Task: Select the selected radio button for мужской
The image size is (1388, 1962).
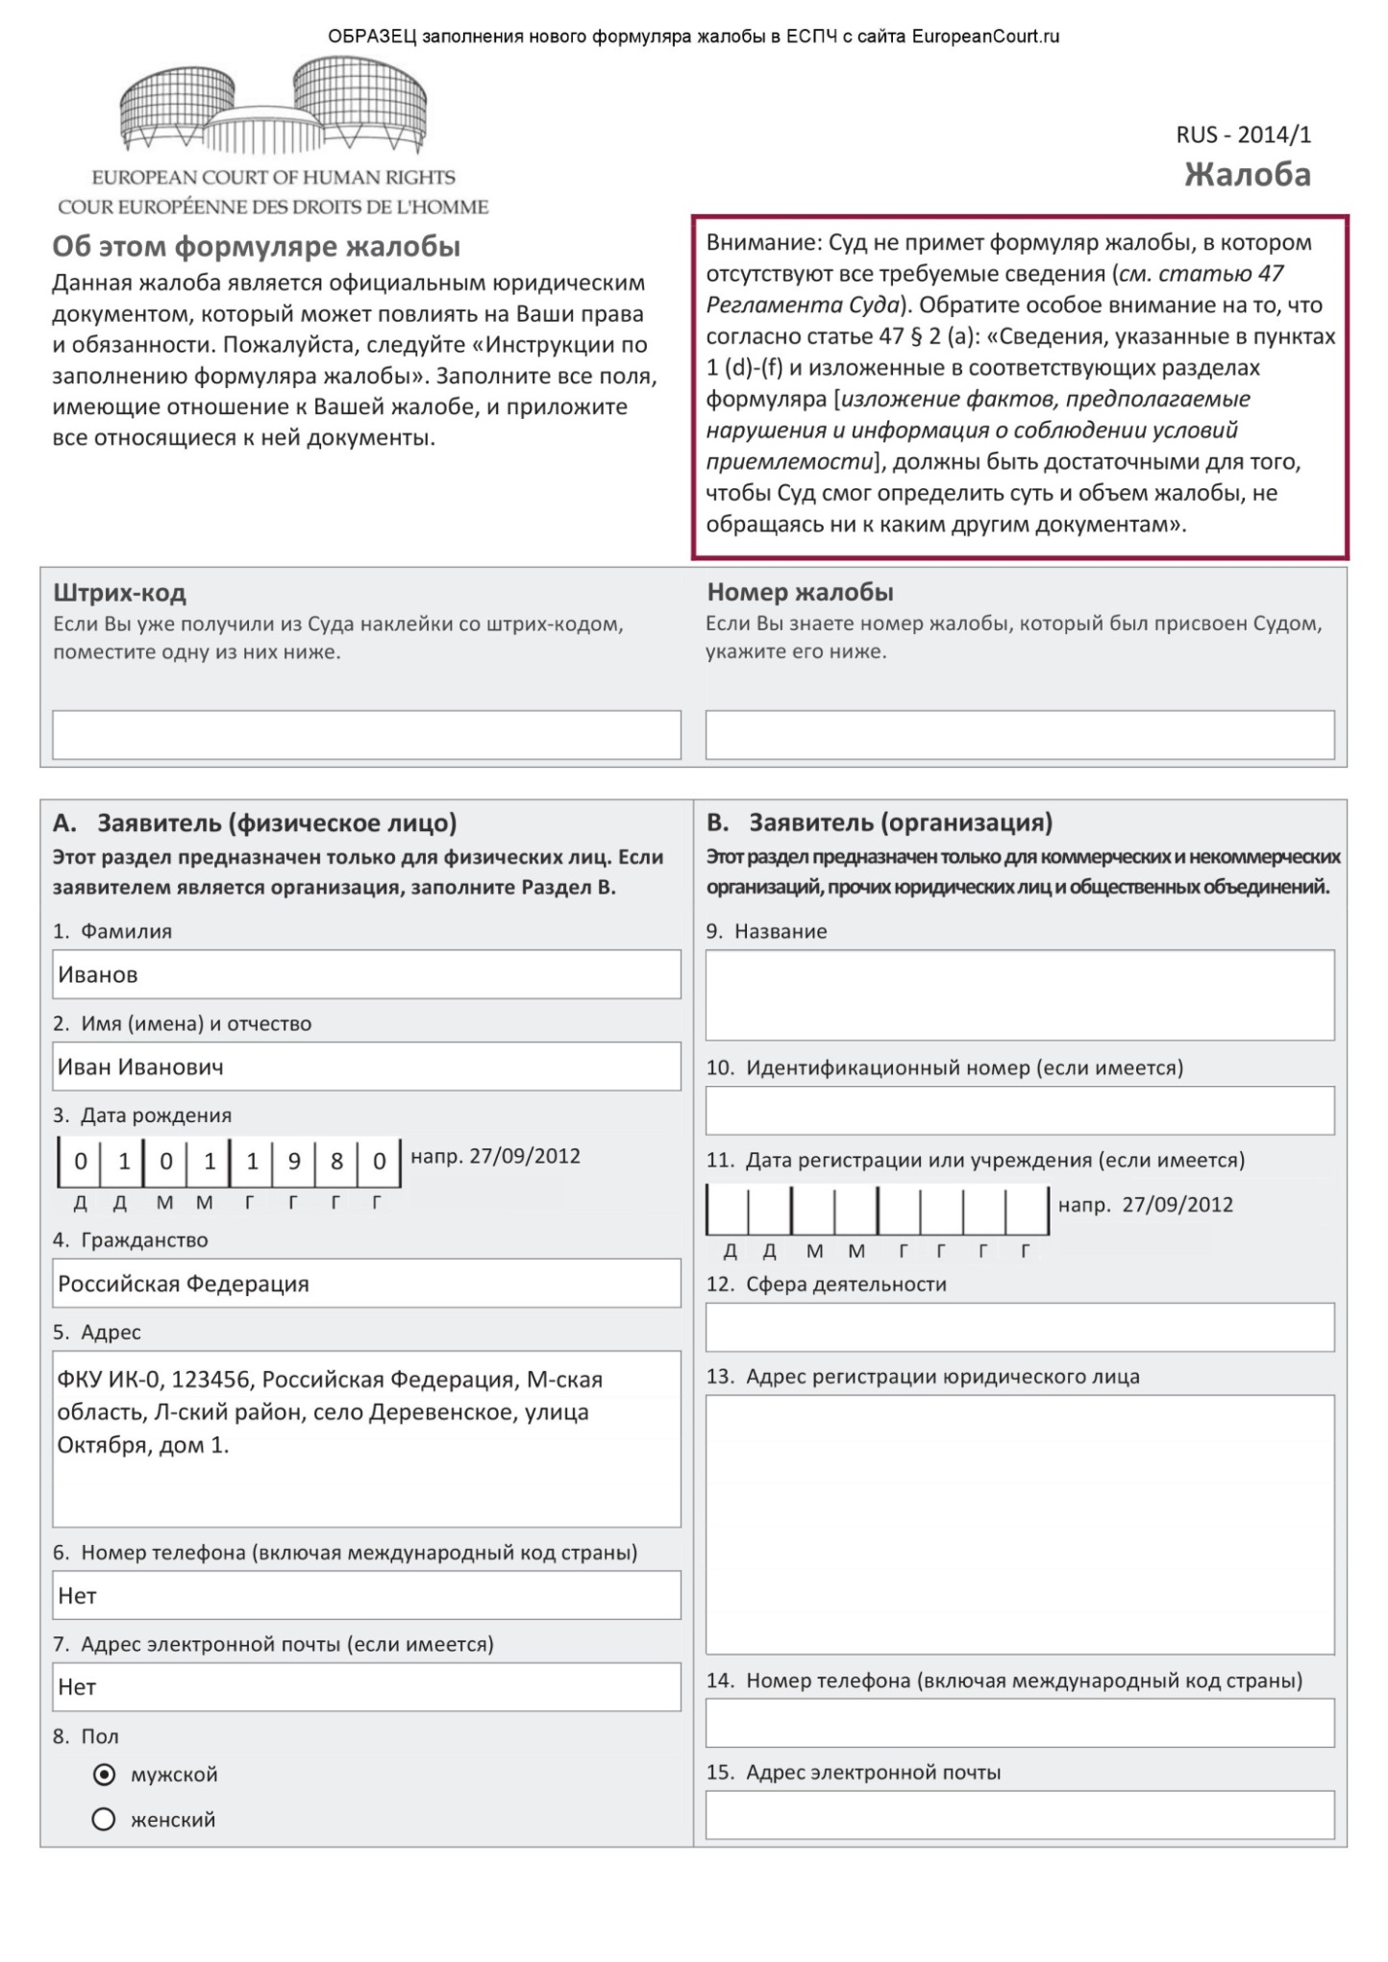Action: click(x=104, y=1774)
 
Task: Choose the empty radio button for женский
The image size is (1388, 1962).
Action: click(x=104, y=1819)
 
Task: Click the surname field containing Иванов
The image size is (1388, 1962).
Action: click(x=366, y=974)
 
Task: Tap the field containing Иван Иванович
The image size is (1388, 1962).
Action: click(x=366, y=1067)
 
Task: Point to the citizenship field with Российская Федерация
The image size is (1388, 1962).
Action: click(x=366, y=1284)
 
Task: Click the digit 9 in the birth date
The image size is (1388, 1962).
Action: click(x=294, y=1162)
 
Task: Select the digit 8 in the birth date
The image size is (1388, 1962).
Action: click(x=336, y=1162)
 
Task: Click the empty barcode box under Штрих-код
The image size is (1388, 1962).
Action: click(x=366, y=735)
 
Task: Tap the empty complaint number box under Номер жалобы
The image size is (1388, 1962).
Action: click(x=1020, y=735)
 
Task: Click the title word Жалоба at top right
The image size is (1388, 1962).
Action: click(x=1247, y=175)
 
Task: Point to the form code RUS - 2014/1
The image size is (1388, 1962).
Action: click(x=1243, y=135)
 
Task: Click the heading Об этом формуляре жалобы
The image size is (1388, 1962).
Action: click(x=256, y=247)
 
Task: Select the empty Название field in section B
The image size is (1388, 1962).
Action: click(x=1020, y=994)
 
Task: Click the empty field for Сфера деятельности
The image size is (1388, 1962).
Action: click(x=1020, y=1327)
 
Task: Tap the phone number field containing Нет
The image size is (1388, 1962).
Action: click(x=366, y=1595)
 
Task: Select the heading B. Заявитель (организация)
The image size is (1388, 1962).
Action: click(x=880, y=822)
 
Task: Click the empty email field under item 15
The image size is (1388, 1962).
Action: click(x=1020, y=1814)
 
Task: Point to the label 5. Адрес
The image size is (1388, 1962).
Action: click(x=97, y=1332)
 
